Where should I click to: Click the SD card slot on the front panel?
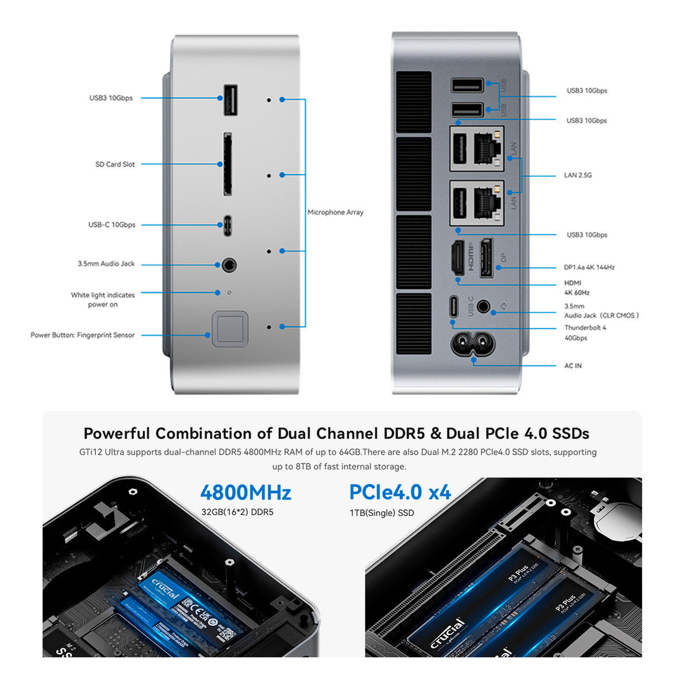(228, 164)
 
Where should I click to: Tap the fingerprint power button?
(230, 329)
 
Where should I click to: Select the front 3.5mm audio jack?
(229, 265)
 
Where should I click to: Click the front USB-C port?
(228, 224)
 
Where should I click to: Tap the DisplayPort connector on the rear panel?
(486, 257)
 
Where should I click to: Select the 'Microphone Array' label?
(336, 212)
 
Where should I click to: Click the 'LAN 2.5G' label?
(577, 175)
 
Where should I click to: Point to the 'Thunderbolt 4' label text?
(585, 328)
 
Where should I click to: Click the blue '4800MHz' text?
(246, 493)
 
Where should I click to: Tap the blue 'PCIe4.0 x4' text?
(400, 492)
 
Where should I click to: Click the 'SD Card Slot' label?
(115, 164)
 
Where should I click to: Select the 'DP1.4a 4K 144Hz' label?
(589, 268)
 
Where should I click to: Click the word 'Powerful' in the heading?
(116, 433)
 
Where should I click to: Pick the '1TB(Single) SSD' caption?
(382, 513)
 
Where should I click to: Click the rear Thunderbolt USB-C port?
(454, 307)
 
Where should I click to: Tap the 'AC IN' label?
(573, 366)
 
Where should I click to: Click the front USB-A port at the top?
(229, 100)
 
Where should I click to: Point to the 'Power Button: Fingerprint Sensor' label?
(83, 335)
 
